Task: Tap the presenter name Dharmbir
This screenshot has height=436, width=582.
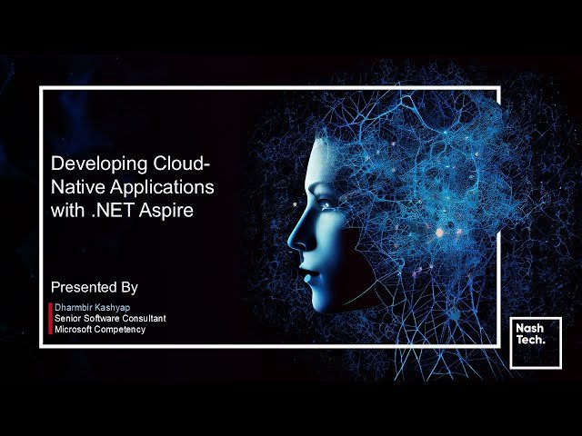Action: tap(75, 308)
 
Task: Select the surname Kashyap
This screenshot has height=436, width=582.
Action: tap(118, 308)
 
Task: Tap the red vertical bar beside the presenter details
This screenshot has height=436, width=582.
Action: tap(50, 319)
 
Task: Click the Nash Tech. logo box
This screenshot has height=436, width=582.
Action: tap(535, 342)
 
